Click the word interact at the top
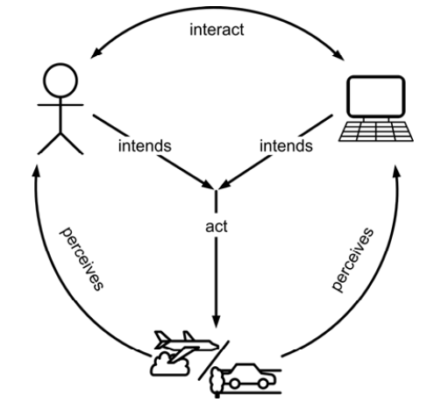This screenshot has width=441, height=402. (217, 30)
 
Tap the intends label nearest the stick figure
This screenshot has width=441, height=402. (145, 145)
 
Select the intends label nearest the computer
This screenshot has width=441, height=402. (286, 145)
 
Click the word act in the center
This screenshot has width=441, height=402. (217, 227)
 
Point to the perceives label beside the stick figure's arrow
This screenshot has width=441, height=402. (82, 258)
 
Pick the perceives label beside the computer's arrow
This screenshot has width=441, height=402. (352, 259)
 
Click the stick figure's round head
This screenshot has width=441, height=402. (60, 81)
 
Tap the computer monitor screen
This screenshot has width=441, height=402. (376, 96)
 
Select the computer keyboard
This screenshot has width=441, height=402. (376, 131)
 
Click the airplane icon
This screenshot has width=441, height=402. (186, 345)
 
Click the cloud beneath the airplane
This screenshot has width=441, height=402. (169, 364)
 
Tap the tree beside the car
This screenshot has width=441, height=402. (217, 381)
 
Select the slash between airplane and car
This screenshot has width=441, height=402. (214, 360)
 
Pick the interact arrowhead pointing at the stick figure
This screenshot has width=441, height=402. (96, 53)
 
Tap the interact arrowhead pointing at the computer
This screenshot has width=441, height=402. (338, 54)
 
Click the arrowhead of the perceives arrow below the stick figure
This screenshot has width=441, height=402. (37, 171)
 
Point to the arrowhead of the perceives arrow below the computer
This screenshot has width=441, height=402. (396, 171)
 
